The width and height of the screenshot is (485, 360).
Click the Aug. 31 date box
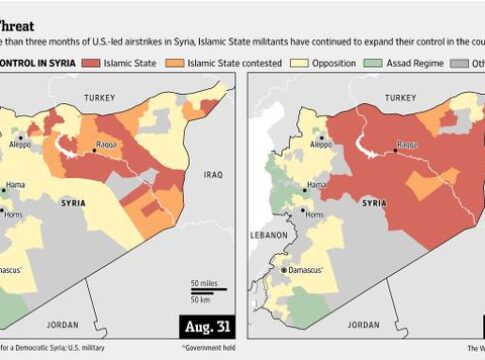pyautogui.click(x=207, y=326)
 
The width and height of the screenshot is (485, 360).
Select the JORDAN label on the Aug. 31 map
pyautogui.click(x=61, y=324)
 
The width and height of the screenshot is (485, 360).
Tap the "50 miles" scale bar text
pyautogui.click(x=206, y=283)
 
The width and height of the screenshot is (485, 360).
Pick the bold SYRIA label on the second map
pyautogui.click(x=374, y=203)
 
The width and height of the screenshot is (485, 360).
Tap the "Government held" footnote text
pyautogui.click(x=212, y=348)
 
